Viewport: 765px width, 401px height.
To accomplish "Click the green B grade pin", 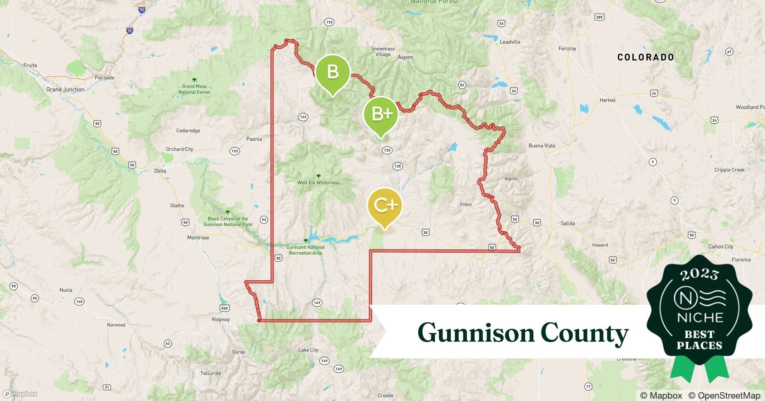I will [x=332, y=72].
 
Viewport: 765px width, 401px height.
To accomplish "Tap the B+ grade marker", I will [x=381, y=114].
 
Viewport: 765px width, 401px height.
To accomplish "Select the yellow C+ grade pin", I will [x=385, y=205].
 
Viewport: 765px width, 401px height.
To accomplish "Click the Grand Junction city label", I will [x=65, y=89].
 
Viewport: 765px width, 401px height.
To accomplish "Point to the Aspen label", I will [x=405, y=57].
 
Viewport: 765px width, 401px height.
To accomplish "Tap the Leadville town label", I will [x=510, y=42].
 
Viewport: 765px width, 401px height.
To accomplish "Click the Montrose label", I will [x=198, y=238].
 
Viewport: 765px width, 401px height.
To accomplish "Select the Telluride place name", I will [x=211, y=373].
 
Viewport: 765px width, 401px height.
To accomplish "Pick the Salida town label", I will [x=568, y=223].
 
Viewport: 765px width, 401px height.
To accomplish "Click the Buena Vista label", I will [x=542, y=146].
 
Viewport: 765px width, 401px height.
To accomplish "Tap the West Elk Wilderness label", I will [x=318, y=182].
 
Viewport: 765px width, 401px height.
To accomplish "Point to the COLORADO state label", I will [x=646, y=57].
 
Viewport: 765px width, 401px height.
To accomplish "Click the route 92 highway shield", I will [x=264, y=220].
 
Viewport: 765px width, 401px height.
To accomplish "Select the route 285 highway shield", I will [x=599, y=17].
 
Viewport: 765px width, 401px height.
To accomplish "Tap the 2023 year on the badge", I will [x=699, y=275].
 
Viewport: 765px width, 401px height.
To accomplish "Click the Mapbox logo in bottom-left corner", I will [x=21, y=394].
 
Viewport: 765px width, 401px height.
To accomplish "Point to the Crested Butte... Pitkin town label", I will [x=466, y=205].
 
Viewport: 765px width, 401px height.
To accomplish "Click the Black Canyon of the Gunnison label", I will [x=228, y=221].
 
